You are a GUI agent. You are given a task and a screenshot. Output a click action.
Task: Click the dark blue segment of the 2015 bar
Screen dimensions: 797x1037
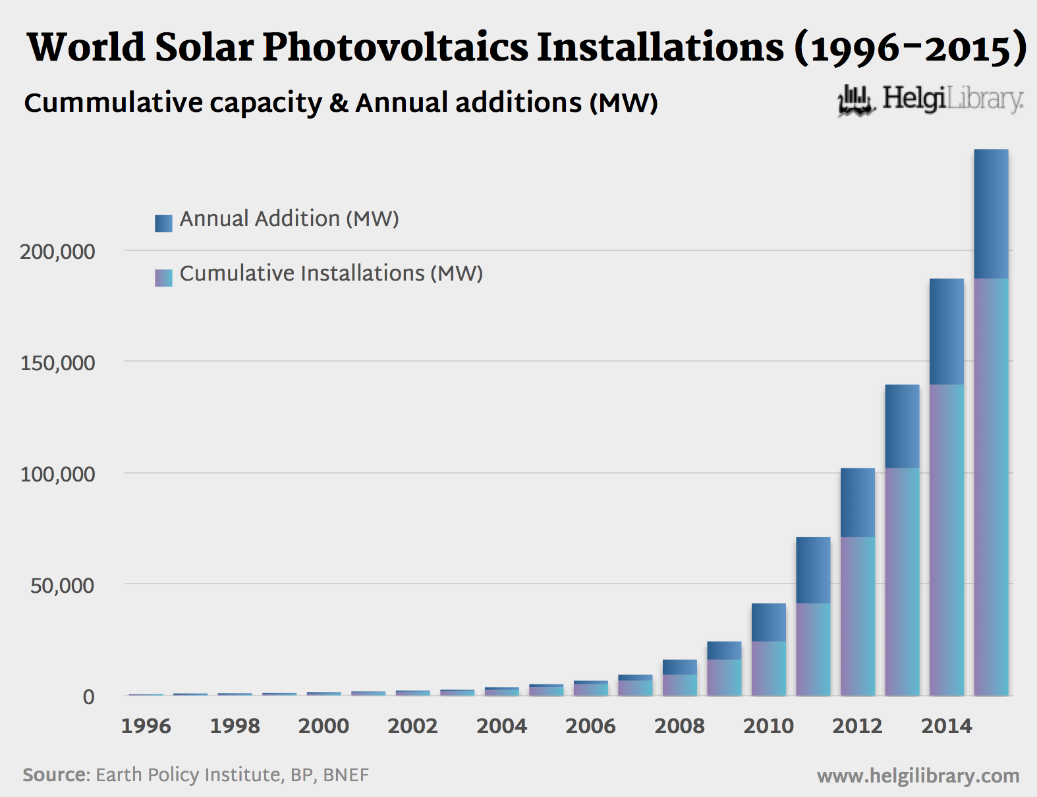(x=991, y=213)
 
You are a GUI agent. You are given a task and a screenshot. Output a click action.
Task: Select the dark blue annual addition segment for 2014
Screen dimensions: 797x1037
(x=946, y=331)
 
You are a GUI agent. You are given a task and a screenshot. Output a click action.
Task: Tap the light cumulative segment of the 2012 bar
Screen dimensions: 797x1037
(x=857, y=616)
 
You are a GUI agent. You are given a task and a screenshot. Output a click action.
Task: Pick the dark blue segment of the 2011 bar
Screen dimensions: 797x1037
(x=813, y=570)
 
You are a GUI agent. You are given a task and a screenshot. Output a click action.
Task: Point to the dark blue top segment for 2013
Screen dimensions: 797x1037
(x=902, y=426)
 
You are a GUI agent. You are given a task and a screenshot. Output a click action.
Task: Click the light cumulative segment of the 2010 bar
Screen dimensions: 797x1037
(x=768, y=668)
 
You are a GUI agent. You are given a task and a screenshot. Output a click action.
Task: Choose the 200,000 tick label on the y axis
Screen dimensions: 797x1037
(x=57, y=252)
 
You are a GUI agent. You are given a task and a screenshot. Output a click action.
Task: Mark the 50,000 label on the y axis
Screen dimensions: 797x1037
(x=63, y=586)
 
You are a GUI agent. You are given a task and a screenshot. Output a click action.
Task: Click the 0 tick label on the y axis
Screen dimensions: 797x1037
(x=88, y=697)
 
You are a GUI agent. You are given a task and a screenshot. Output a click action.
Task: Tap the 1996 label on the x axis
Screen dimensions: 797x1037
(x=146, y=726)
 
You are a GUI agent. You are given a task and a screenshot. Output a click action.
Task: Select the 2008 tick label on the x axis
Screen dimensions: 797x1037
(x=679, y=726)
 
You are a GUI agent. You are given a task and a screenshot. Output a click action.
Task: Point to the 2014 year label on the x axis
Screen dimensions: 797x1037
(x=946, y=726)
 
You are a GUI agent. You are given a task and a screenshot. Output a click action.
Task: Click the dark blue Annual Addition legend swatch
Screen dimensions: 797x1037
(x=163, y=223)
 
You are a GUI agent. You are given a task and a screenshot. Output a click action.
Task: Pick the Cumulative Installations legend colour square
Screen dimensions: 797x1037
(x=163, y=277)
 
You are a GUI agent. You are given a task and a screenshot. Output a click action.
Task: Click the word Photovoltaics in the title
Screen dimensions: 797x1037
(x=395, y=47)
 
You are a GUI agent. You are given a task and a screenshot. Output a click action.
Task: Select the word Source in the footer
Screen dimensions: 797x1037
(x=55, y=775)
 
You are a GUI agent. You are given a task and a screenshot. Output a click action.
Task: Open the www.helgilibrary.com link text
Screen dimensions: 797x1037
(x=918, y=776)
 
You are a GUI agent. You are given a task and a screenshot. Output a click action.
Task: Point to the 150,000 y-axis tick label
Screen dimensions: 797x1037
(x=57, y=363)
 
